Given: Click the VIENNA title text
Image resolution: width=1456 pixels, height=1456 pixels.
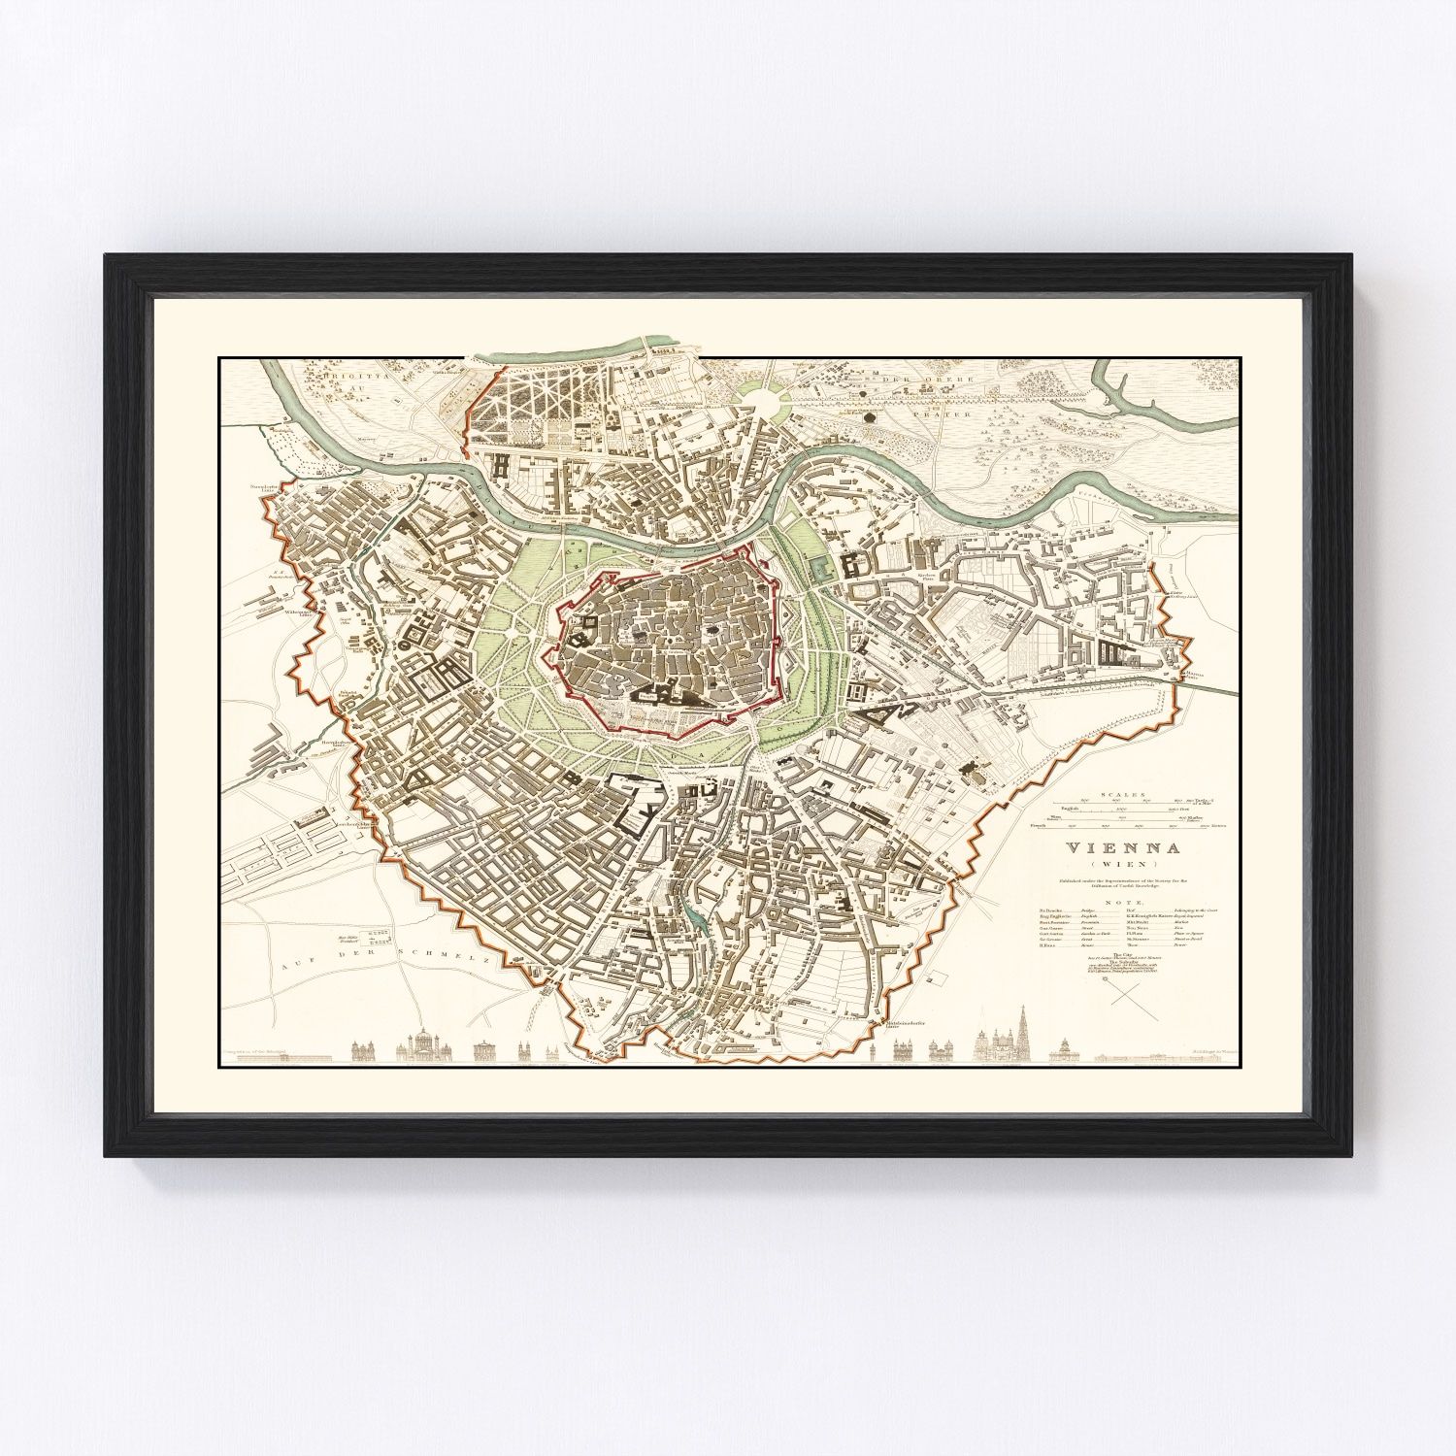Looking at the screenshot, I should (1124, 847).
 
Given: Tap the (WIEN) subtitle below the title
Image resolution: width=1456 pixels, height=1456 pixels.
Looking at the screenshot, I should (1124, 864).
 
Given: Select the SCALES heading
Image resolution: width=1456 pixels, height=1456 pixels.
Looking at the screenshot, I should (1124, 794).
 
